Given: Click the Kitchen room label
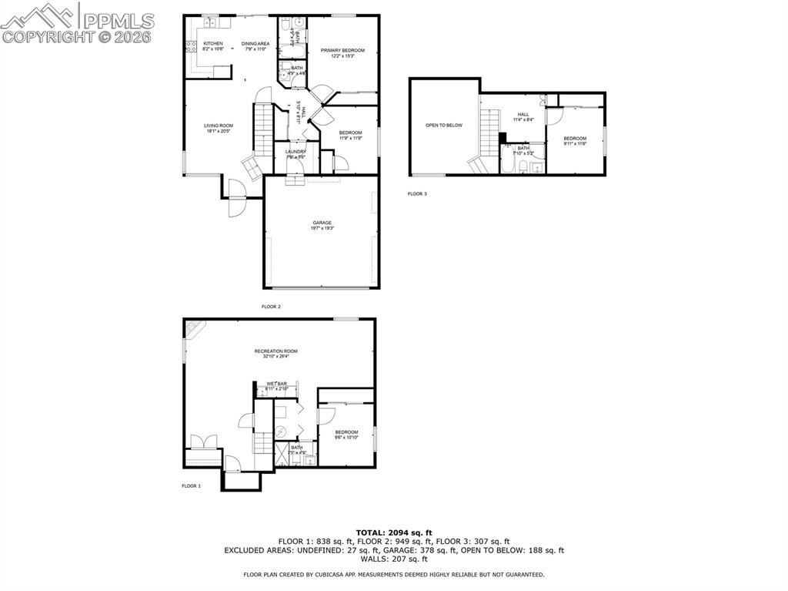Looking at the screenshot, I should point(213,46).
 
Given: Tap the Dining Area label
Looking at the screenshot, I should point(255,46).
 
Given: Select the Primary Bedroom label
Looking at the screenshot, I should point(342,52).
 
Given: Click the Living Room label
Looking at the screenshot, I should point(219,128).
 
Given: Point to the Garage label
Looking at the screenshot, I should point(322,225).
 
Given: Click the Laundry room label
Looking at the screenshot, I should point(295,153).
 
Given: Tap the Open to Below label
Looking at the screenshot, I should point(444,125).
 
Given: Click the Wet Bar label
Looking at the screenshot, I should point(276,385).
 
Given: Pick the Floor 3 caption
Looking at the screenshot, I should point(417,194).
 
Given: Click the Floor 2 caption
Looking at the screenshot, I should point(271,307).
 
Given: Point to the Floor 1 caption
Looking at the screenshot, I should point(191,486).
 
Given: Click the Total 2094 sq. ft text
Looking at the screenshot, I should point(394,532).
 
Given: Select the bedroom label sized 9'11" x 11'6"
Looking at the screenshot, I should point(575,141).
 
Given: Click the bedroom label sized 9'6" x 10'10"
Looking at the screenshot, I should point(346,435).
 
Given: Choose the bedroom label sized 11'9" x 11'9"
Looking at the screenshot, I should point(350,135).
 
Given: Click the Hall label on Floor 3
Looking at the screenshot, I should point(523,116).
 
